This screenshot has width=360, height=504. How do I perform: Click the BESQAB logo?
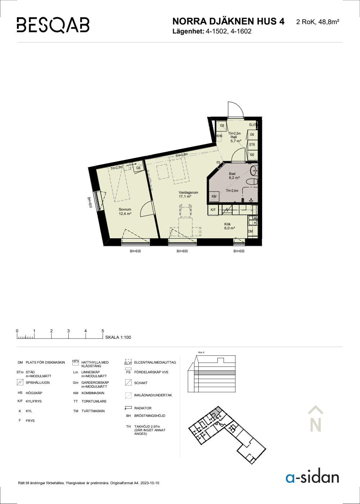(x=53, y=25)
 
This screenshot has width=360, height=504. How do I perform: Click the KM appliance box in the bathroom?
(x=214, y=197)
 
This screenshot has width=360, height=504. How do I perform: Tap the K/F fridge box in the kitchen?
(x=213, y=210)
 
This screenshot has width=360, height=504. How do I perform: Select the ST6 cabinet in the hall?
(x=252, y=144)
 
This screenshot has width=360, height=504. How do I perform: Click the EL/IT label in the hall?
(x=253, y=125)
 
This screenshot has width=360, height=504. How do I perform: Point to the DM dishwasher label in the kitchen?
(x=250, y=231)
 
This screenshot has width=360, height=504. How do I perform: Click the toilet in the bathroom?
(x=252, y=181)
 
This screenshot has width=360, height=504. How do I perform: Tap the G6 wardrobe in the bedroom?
(x=138, y=168)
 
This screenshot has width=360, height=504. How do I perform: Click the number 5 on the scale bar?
(x=103, y=331)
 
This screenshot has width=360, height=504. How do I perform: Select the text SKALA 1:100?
(x=118, y=337)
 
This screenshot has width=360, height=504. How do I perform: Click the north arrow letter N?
(x=315, y=425)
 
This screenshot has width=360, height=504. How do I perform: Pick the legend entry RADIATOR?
(x=143, y=408)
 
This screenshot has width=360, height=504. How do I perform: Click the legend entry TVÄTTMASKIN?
(x=93, y=411)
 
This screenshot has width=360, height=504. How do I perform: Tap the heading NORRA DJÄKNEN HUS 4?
(x=228, y=21)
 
